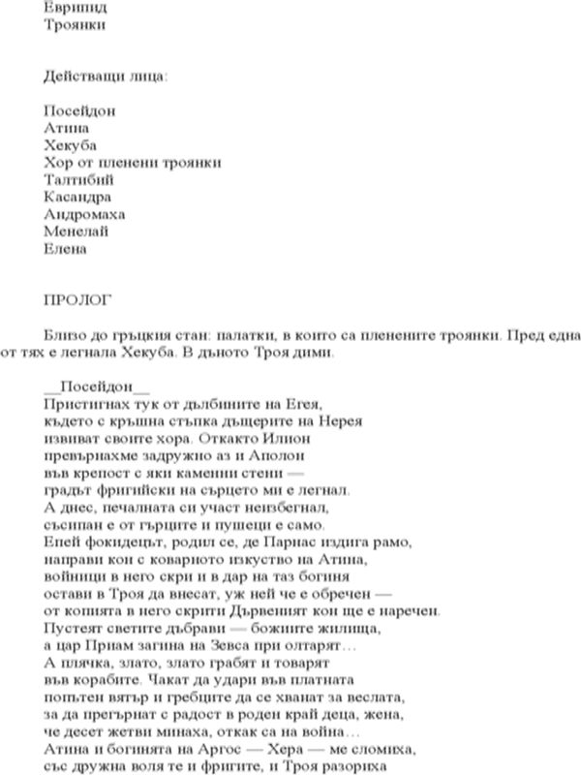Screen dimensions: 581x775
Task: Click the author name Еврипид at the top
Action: (71, 6)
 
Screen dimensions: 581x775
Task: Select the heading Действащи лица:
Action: (105, 75)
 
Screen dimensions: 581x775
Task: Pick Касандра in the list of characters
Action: (76, 197)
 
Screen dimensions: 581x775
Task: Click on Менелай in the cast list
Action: (76, 232)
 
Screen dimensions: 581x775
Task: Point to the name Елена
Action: (66, 249)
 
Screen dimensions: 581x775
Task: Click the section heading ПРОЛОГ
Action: (78, 291)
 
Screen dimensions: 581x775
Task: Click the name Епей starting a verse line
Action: (61, 542)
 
